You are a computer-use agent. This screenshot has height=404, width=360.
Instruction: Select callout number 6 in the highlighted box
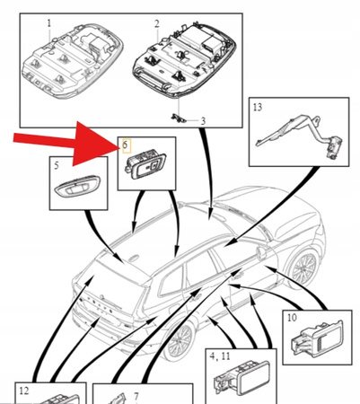point(125,144)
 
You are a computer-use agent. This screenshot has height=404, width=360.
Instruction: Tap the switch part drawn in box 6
point(146,165)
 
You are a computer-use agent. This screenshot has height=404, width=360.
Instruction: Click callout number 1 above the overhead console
point(48,21)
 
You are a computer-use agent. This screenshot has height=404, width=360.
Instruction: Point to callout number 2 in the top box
point(156,21)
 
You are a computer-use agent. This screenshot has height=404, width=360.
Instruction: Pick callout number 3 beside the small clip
point(202,120)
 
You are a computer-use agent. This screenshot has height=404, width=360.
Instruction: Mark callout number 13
point(258,107)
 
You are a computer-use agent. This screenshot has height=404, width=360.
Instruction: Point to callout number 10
point(292,318)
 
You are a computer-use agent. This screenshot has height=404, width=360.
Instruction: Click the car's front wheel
point(302,265)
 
